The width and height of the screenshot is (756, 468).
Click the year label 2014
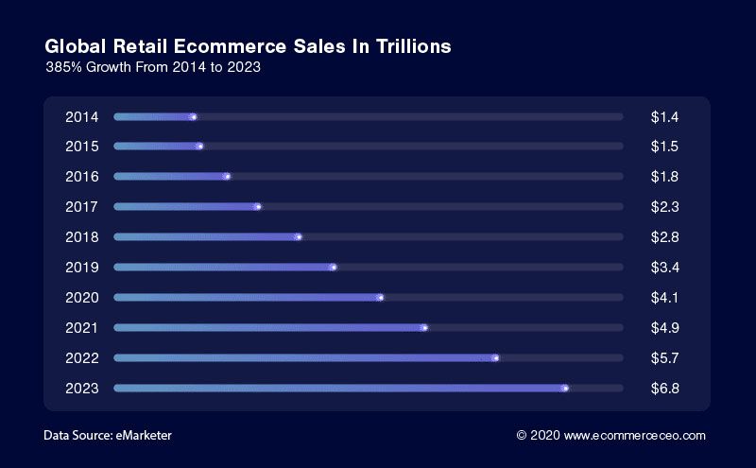pyautogui.click(x=81, y=117)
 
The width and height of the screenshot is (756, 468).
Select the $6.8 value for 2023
pyautogui.click(x=665, y=389)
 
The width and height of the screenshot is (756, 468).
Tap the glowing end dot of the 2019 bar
pyautogui.click(x=333, y=268)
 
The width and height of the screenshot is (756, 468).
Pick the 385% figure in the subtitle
pyautogui.click(x=63, y=68)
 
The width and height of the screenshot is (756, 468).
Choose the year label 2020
pyautogui.click(x=81, y=298)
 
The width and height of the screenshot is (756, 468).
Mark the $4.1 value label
pyautogui.click(x=665, y=298)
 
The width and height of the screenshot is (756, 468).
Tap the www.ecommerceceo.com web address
pyautogui.click(x=635, y=436)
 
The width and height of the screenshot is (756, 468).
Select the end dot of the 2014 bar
pyautogui.click(x=193, y=117)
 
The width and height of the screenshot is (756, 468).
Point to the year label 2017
pyautogui.click(x=81, y=207)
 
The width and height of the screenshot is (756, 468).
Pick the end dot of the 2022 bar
pyautogui.click(x=495, y=358)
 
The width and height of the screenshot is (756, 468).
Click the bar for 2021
pyautogui.click(x=269, y=328)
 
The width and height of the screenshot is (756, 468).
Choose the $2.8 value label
pyautogui.click(x=665, y=237)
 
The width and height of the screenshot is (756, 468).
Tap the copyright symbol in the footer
pyautogui.click(x=521, y=436)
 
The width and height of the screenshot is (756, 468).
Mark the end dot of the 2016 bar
pyautogui.click(x=227, y=177)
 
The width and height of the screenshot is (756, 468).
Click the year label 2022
pyautogui.click(x=81, y=358)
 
